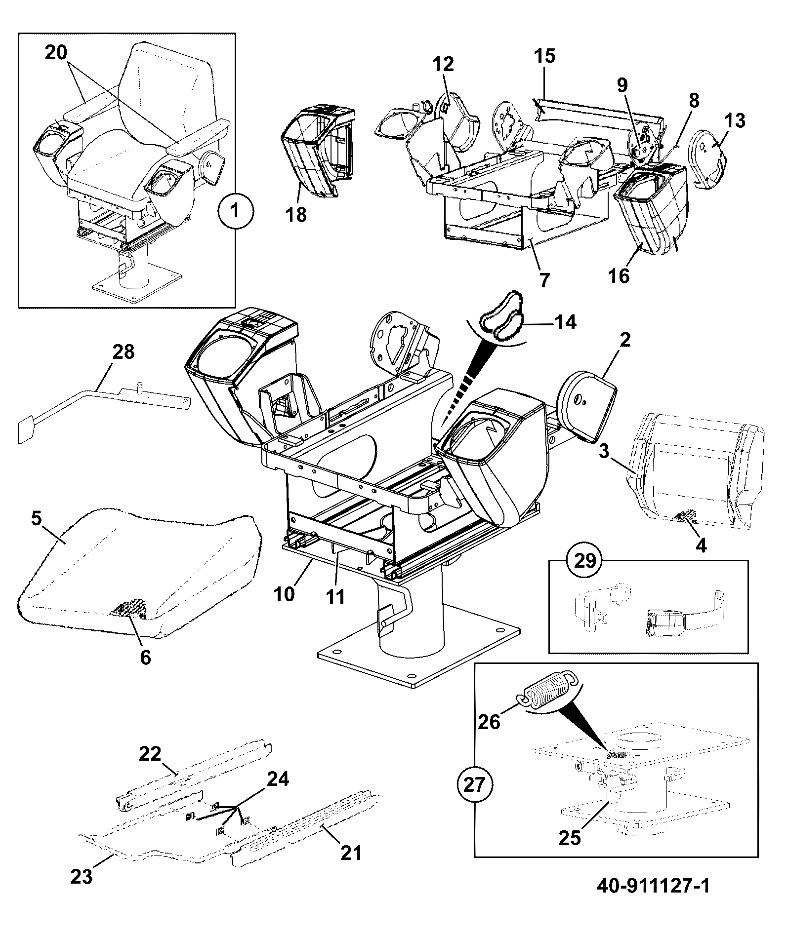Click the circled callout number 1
pyautogui.click(x=236, y=212)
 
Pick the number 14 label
pyautogui.click(x=565, y=322)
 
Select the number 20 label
pyautogui.click(x=56, y=52)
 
